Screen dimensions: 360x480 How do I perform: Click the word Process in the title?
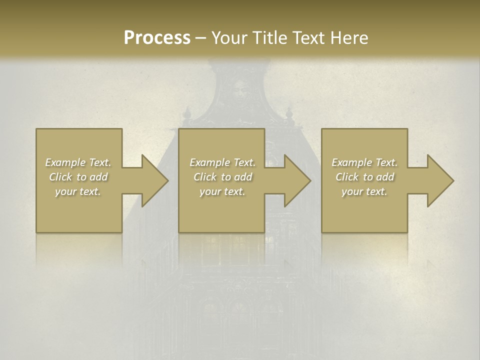point(157,37)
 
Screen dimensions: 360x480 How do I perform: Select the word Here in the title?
point(348,37)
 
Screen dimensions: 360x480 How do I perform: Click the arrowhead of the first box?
point(154,180)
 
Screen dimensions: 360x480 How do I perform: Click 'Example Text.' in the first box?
point(78,162)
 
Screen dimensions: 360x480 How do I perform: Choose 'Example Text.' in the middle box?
point(222,162)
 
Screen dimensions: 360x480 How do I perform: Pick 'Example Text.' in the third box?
point(364,162)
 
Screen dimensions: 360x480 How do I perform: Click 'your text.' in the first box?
point(78,191)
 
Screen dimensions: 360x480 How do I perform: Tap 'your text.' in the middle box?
point(222,191)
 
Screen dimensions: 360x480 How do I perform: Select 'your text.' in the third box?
point(364,191)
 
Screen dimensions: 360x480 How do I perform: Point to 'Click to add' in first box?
point(78,177)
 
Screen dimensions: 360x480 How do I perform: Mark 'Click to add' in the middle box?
point(222,177)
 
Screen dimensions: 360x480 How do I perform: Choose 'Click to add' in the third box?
point(364,177)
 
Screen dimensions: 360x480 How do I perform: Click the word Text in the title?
point(307,37)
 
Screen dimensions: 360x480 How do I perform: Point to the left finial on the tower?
point(187,113)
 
